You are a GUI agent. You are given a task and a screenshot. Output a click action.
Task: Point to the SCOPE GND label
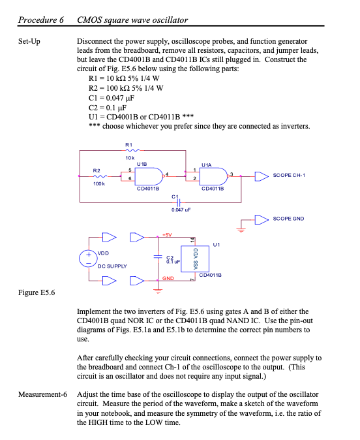coord(289,219)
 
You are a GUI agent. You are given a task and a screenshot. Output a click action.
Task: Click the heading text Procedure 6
coord(40,20)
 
